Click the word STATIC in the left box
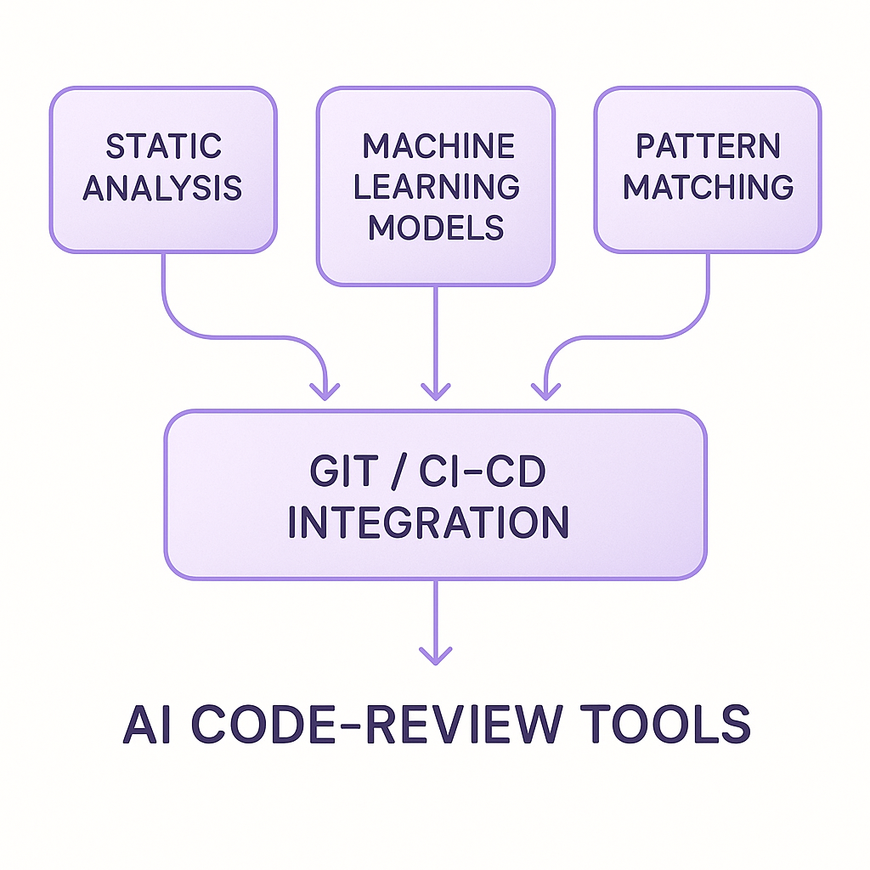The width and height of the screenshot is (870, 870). click(x=163, y=146)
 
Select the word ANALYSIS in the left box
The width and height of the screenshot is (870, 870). click(x=163, y=188)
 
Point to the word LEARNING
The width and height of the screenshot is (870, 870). click(x=437, y=187)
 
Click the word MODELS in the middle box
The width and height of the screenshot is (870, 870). click(x=437, y=228)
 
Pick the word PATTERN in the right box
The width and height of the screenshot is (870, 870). click(x=708, y=146)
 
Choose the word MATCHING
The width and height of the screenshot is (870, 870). click(x=708, y=187)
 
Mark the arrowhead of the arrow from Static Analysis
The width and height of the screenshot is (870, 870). click(x=325, y=391)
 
